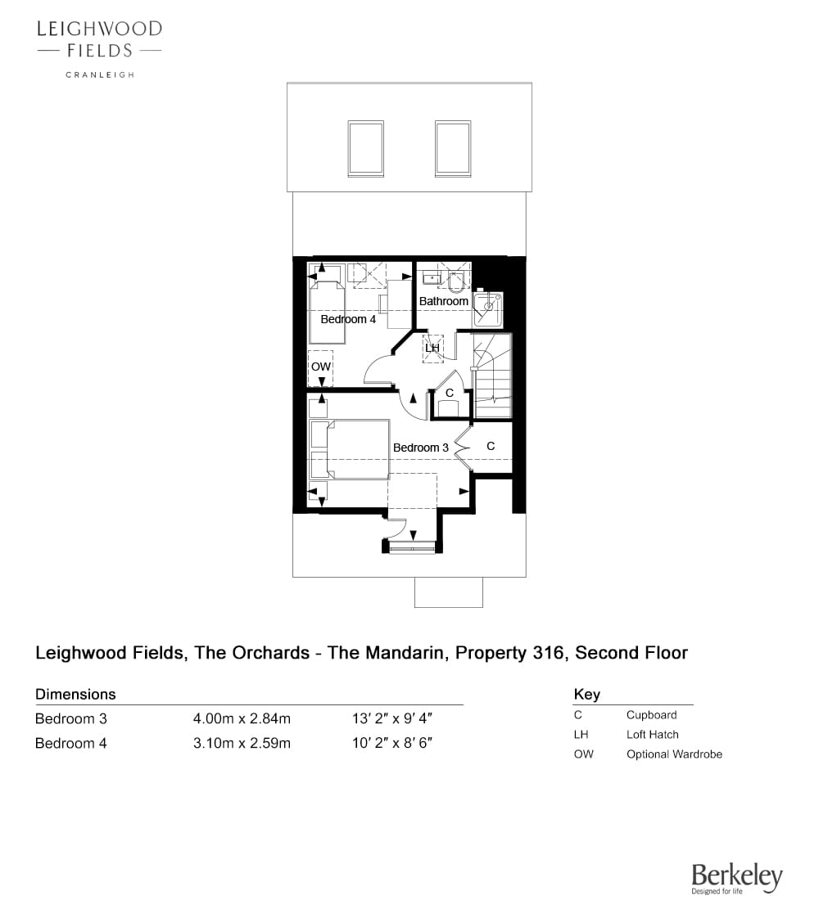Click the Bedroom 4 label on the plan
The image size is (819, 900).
pos(348,319)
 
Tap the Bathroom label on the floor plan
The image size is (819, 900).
pos(443,301)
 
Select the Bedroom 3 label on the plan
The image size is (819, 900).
pos(420,447)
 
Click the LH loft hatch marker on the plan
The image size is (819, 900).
pos(432,348)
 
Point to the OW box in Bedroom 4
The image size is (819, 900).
pos(321,367)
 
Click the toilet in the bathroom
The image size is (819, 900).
pos(455,282)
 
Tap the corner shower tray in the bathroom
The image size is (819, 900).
pos(488,309)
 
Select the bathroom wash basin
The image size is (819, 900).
pos(431,278)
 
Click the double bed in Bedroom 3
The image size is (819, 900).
pos(350,449)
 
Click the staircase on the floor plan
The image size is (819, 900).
pos(492,376)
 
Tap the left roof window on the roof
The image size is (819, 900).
pos(365,148)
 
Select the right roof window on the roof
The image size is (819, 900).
pos(453,148)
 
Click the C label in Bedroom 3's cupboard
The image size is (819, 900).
pos(491,446)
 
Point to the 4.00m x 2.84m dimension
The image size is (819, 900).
pos(242,718)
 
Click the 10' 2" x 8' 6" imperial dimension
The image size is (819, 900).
pos(392,743)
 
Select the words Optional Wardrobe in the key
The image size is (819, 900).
pos(674,754)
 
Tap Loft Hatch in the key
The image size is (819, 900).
pos(652,735)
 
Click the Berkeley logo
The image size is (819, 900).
pos(737,878)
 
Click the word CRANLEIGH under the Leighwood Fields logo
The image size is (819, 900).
pos(100,74)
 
